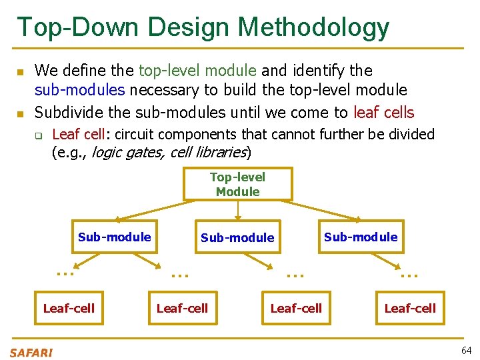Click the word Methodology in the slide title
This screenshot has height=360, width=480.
[x=313, y=27]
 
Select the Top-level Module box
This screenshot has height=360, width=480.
[x=237, y=184]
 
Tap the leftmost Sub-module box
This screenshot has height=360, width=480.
[x=115, y=237]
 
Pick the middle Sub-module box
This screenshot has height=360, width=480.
[x=237, y=237]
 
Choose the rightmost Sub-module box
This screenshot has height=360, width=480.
[x=361, y=237]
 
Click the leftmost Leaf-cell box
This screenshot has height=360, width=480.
[x=69, y=308]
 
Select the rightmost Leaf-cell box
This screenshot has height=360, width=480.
[x=410, y=308]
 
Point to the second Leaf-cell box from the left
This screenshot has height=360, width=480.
[x=182, y=308]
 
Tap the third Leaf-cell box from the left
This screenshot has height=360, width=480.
[x=296, y=308]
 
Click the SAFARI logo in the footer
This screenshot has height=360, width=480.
[x=31, y=352]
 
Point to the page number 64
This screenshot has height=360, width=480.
[x=465, y=351]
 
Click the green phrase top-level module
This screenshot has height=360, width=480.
[x=197, y=71]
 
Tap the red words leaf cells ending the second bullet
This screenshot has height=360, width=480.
[x=383, y=112]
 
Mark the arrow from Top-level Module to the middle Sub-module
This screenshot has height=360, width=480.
[x=238, y=210]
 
